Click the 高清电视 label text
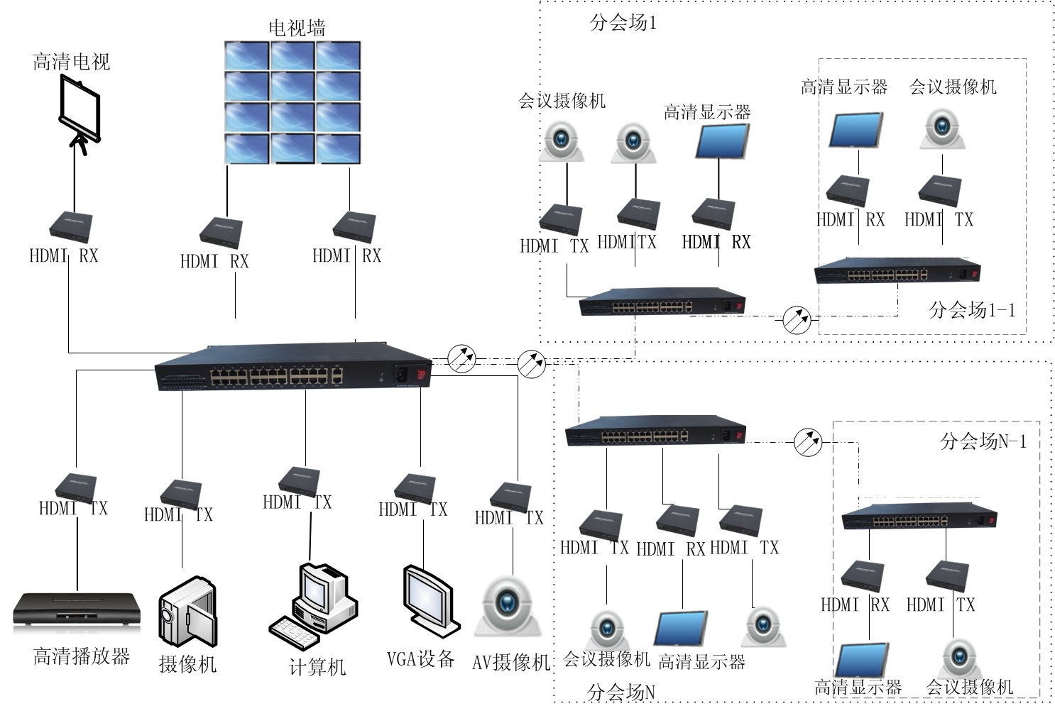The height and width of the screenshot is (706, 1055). click(x=72, y=62)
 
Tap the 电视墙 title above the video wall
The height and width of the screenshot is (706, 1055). click(x=297, y=28)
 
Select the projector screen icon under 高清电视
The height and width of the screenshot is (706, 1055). click(x=79, y=114)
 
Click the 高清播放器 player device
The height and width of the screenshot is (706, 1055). click(x=77, y=610)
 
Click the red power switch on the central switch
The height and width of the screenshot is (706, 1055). click(x=423, y=374)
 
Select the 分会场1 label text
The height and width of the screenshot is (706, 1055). click(x=623, y=23)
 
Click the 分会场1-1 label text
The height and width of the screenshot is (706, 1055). click(x=972, y=309)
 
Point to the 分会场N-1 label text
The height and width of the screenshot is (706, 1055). click(x=983, y=441)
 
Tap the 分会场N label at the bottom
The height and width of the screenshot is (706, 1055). click(x=621, y=692)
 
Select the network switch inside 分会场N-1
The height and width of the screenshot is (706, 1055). click(x=919, y=518)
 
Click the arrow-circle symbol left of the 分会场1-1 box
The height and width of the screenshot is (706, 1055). click(x=797, y=320)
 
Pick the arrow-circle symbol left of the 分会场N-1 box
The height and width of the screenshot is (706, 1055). click(x=807, y=441)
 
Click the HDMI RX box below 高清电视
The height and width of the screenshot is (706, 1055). click(x=70, y=226)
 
